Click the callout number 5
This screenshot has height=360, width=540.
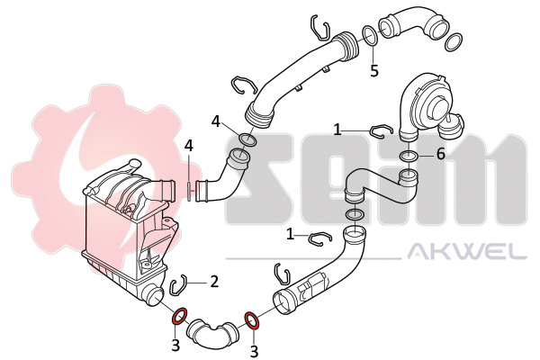point(374,70)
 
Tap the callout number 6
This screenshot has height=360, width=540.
point(440,154)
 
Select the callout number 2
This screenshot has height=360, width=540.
point(214,282)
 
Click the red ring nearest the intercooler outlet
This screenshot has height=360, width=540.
point(179,317)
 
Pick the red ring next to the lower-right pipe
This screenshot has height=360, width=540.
point(252,320)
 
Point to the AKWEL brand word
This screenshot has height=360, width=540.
point(467,251)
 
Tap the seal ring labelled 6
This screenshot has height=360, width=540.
point(409,156)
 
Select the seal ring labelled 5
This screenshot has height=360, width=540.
point(370,35)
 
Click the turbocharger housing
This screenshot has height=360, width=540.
point(431,105)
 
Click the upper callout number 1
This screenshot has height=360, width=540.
point(337,130)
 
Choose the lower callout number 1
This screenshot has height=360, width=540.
point(291,235)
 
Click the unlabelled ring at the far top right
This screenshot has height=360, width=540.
point(454,42)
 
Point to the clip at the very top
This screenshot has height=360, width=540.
point(319,27)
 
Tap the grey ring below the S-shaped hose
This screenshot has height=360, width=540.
point(354,214)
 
